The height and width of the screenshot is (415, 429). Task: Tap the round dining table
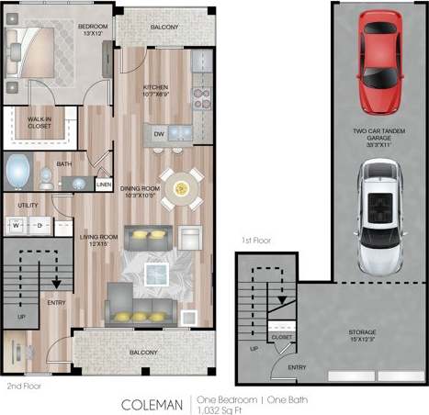[182, 187]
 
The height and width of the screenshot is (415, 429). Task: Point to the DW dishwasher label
[158, 134]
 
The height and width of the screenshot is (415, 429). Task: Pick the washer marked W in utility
[17, 223]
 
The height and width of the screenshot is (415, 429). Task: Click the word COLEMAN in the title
[152, 403]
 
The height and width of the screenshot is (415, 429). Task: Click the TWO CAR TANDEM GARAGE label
[378, 137]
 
